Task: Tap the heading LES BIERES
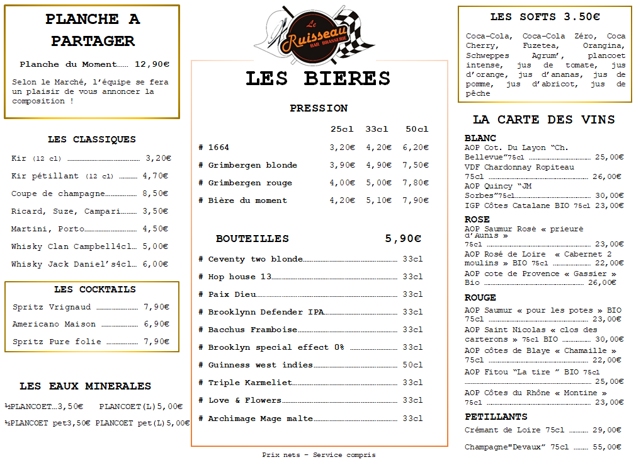coord(318,78)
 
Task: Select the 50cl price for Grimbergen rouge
coord(416,183)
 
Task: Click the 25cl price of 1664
coord(342,147)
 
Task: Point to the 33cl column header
coord(377,129)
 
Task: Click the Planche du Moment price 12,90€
coord(152,64)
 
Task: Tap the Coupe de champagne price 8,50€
coord(156,193)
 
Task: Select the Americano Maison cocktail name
coord(54,324)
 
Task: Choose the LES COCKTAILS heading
coord(94,289)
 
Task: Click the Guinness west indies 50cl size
coord(412,365)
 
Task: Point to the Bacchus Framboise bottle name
coord(252,330)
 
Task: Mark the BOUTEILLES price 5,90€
coord(403,239)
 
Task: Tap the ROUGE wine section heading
coord(480,297)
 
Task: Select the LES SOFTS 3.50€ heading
coord(545,17)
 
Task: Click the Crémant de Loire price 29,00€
coord(606,430)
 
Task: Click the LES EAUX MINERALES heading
coord(85,386)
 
